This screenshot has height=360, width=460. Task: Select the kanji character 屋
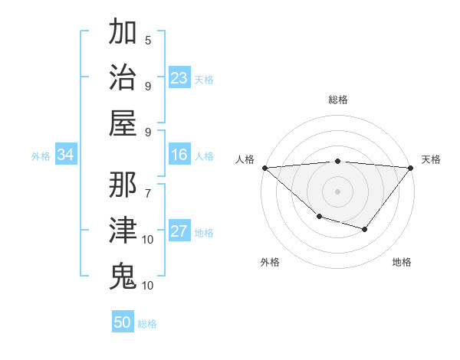(123, 122)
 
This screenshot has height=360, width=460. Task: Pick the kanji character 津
(123, 230)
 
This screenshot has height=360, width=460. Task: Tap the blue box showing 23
(179, 77)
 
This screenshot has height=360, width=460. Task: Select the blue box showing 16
(179, 155)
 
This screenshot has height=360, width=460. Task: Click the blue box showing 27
(179, 232)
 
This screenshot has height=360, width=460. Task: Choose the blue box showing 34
(66, 155)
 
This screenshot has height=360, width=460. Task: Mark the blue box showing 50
(123, 322)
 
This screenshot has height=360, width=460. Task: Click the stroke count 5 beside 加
(148, 40)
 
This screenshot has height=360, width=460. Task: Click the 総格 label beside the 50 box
(147, 324)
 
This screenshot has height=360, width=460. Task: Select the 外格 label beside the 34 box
(41, 156)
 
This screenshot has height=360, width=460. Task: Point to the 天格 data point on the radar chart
(412, 167)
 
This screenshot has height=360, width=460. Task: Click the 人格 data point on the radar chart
(264, 167)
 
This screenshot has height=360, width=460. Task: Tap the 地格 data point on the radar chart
(365, 229)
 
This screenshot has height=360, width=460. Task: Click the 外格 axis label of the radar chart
(270, 262)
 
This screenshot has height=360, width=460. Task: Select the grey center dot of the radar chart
(338, 191)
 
